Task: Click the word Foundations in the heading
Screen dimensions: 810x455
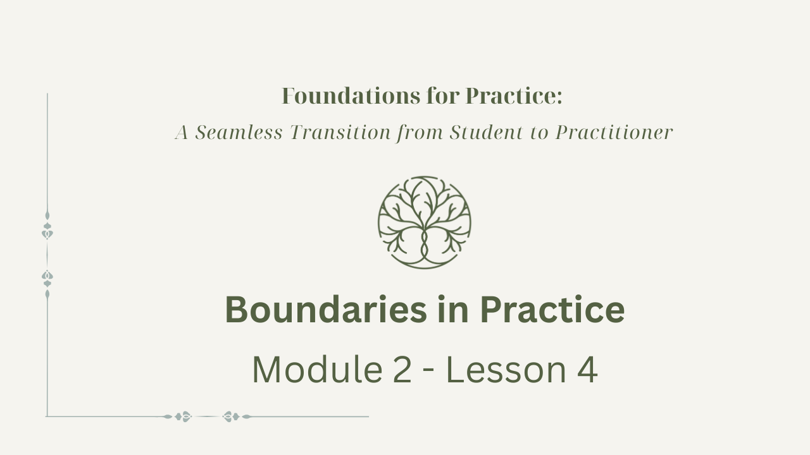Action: point(351,96)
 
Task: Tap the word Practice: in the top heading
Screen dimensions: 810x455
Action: point(514,96)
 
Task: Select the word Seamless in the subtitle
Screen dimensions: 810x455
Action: point(239,132)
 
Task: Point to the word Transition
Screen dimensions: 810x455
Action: point(340,132)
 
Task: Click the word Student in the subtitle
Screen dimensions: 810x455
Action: point(487,132)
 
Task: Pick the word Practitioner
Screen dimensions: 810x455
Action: point(614,132)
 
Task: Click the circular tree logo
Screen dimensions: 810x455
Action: point(424,222)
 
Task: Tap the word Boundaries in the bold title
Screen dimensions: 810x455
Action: point(326,310)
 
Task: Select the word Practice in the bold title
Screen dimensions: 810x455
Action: point(552,310)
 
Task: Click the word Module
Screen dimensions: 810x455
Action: point(317,370)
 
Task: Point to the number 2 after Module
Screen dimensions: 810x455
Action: point(402,370)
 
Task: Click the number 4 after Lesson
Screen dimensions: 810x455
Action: point(587,370)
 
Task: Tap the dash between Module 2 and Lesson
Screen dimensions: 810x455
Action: point(428,372)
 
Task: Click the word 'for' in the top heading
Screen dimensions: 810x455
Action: point(443,96)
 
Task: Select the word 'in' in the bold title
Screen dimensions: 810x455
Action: point(453,310)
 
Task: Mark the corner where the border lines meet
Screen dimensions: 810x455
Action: point(47,416)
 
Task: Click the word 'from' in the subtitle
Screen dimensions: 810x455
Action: point(420,133)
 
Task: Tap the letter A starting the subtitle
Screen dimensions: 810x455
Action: point(182,132)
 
